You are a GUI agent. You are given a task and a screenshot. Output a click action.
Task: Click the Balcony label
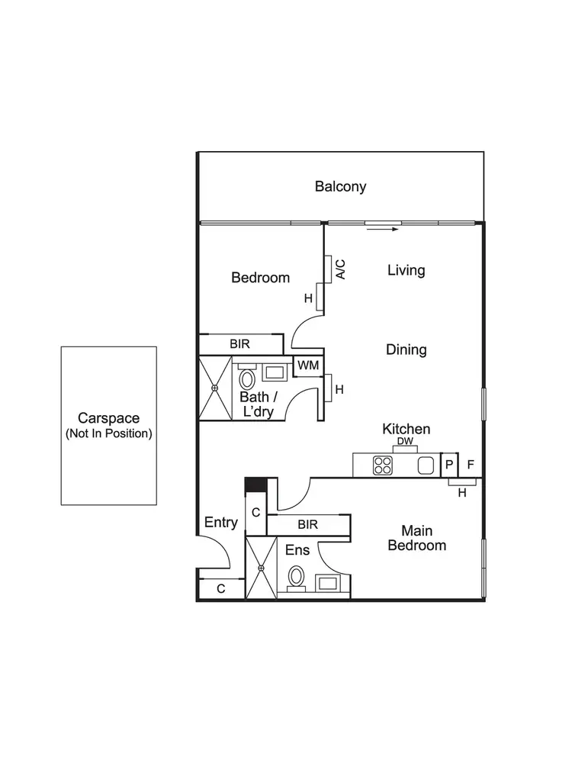tap(341, 186)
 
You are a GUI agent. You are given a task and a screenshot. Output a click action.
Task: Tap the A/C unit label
tap(341, 269)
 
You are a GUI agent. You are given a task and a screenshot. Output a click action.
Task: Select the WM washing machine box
tap(308, 366)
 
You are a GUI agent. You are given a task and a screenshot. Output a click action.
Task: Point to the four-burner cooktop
tap(383, 465)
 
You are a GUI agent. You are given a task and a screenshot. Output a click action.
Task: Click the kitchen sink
tap(426, 465)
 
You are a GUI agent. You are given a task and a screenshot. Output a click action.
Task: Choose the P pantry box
tap(449, 464)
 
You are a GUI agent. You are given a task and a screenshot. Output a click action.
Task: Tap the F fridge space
tap(470, 464)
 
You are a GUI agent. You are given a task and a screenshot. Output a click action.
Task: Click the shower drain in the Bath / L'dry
tap(215, 388)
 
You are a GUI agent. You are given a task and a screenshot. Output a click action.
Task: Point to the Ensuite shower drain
tap(261, 568)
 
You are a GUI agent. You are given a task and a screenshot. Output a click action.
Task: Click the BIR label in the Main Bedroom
tap(307, 525)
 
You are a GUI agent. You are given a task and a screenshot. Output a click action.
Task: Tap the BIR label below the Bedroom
tap(239, 344)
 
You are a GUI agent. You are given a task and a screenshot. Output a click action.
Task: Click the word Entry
tap(221, 523)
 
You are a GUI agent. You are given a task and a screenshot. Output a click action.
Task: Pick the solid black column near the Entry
tap(254, 485)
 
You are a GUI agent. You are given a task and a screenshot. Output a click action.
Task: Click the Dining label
tap(406, 349)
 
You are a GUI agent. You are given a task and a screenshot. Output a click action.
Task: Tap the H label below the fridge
tap(462, 493)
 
